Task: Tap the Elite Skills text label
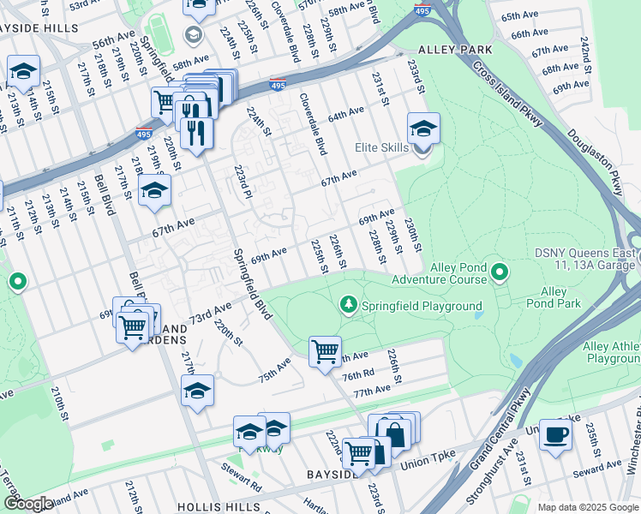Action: coord(382,148)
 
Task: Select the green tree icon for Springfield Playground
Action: coord(349,304)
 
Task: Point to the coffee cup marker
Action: coord(555,434)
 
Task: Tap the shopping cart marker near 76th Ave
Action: coord(325,350)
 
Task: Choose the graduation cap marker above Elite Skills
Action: coord(422,128)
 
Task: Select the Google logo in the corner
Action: coord(28,504)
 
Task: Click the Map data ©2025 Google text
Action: coord(588,507)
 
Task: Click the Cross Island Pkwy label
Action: coord(506,95)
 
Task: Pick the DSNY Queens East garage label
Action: coord(587,259)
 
